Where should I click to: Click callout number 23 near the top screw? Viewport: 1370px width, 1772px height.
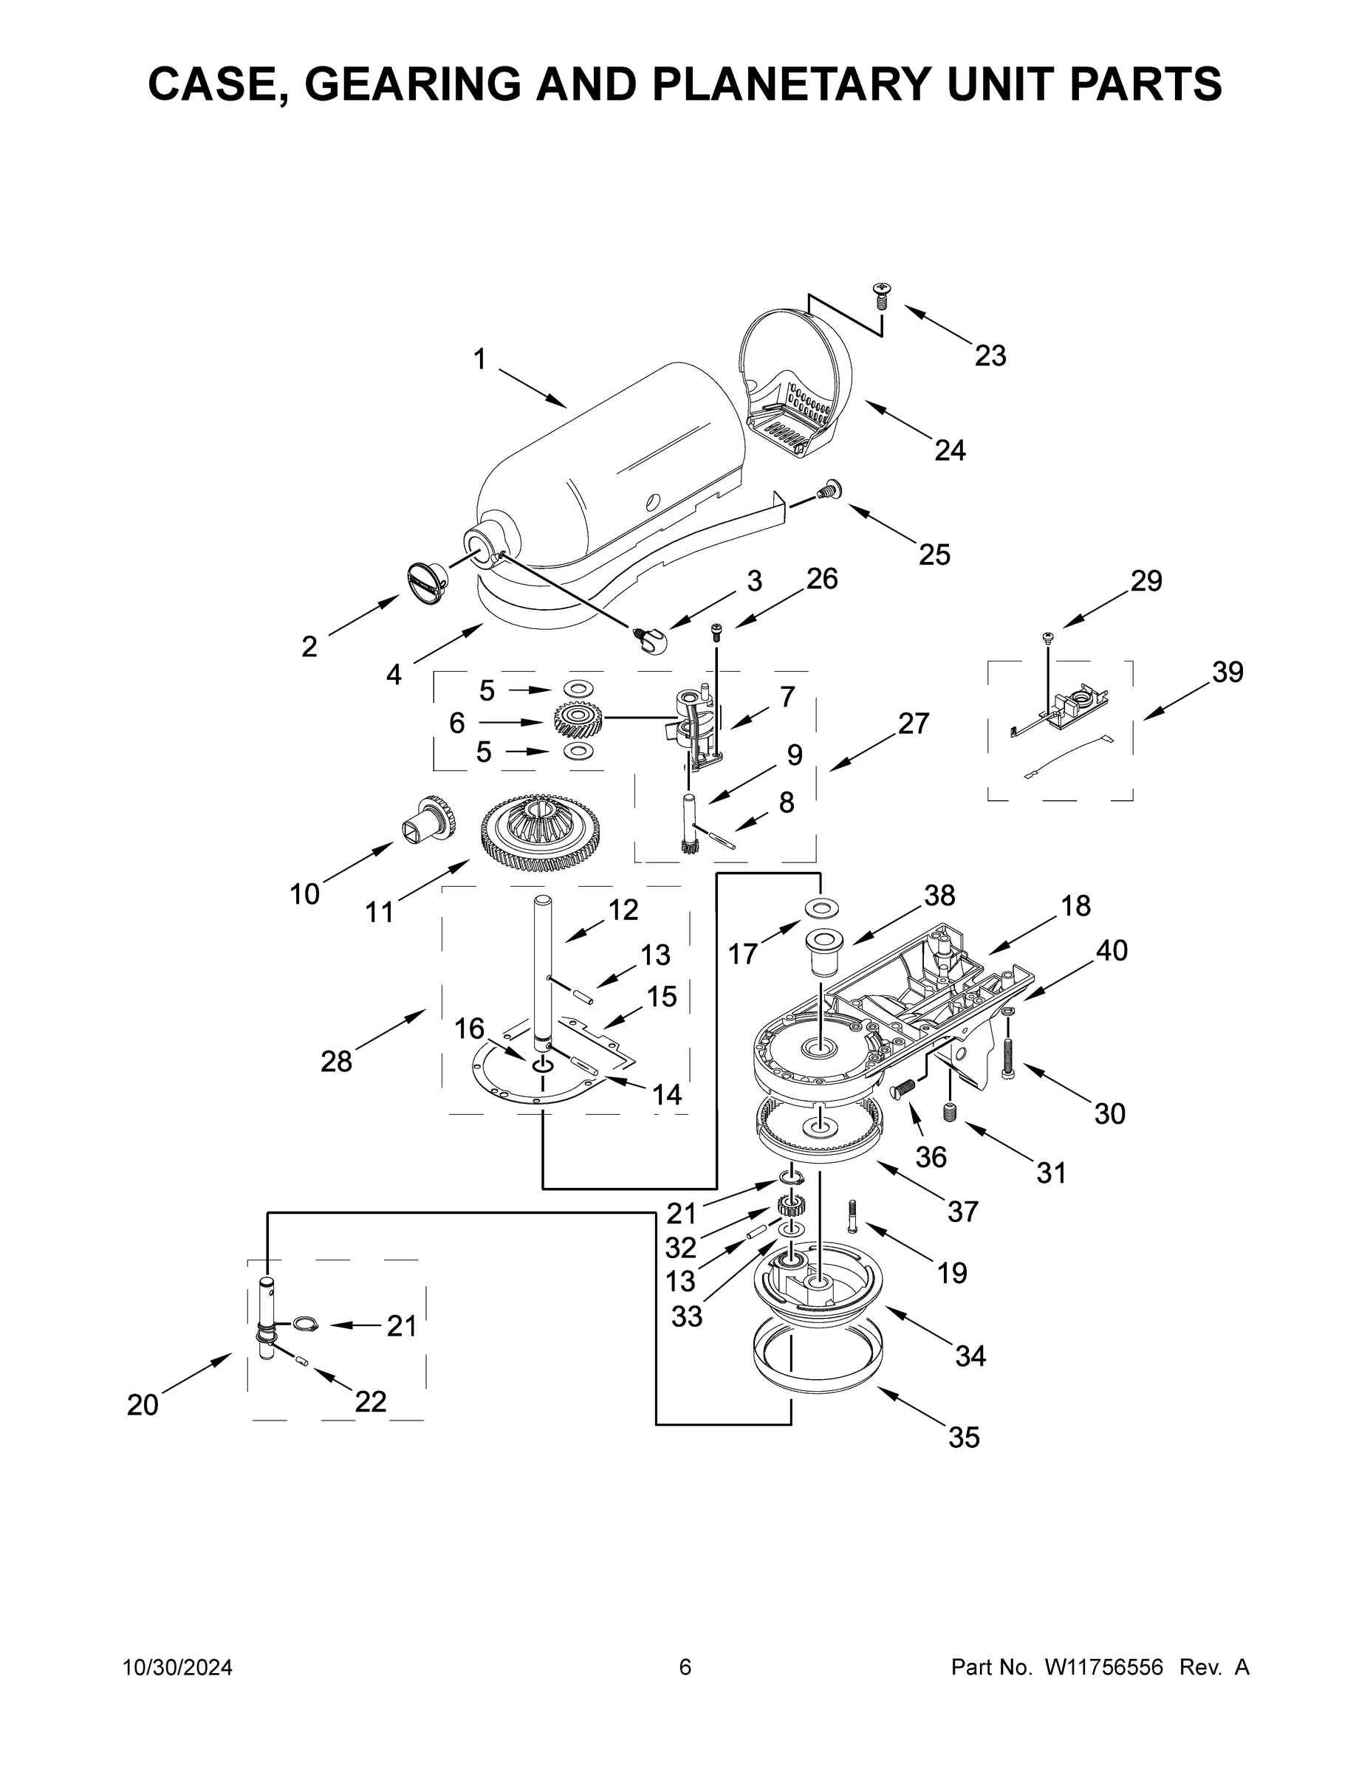click(990, 355)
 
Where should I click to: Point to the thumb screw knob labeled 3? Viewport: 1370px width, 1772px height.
click(651, 641)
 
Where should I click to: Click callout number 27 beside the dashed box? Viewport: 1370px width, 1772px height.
click(913, 723)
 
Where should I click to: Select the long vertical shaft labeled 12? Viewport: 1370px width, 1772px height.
click(542, 966)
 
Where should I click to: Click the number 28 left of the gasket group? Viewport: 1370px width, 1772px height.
click(336, 1060)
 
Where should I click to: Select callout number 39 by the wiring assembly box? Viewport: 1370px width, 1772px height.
click(1227, 672)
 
